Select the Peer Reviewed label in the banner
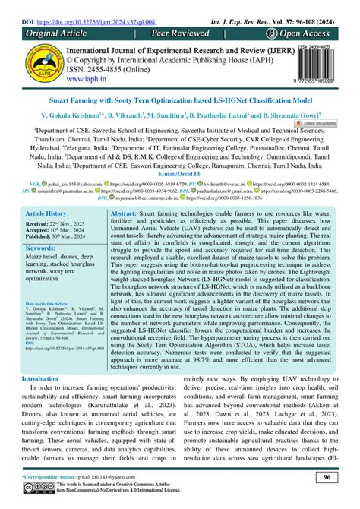[182, 21]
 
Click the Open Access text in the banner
[305, 21]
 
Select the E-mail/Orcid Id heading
[179, 195]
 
